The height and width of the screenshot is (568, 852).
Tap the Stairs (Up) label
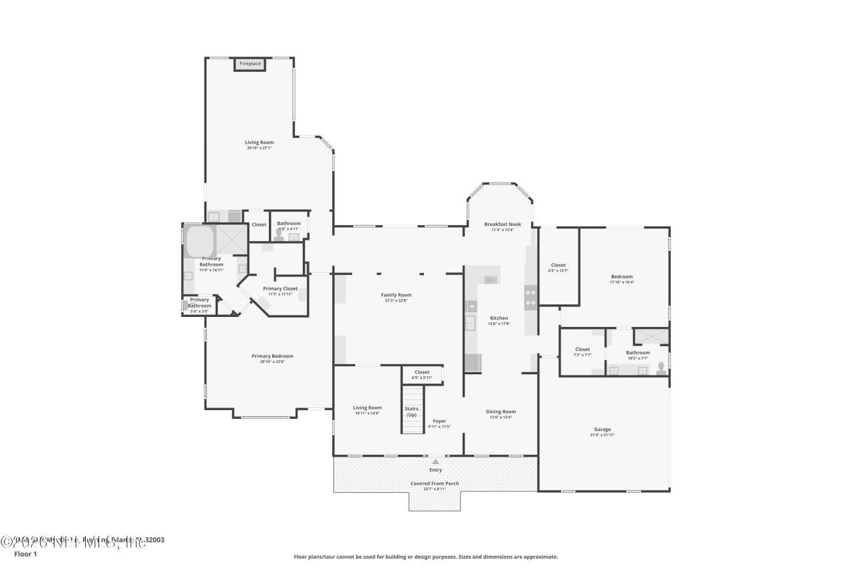(411, 412)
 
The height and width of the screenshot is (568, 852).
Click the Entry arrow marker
(435, 461)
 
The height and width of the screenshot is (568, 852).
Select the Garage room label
(602, 429)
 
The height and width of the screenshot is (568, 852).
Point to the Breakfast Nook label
(502, 224)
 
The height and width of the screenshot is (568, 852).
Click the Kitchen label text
(499, 318)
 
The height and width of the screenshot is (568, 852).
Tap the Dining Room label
(501, 412)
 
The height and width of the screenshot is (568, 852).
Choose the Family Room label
(396, 295)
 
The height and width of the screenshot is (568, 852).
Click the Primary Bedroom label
(272, 356)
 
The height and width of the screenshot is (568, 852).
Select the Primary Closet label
(280, 288)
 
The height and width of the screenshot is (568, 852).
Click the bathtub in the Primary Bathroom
(200, 240)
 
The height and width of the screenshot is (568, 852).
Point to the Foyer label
(439, 421)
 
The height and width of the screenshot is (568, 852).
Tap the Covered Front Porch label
(435, 483)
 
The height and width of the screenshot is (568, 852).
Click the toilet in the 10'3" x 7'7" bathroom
(660, 368)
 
